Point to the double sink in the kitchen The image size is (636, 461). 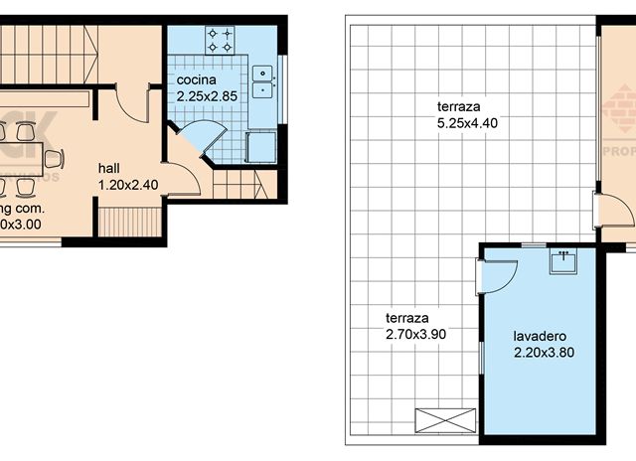tap(263, 80)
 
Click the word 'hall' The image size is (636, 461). tap(110, 168)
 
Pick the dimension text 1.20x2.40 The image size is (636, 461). tap(127, 185)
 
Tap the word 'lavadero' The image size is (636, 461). tap(538, 335)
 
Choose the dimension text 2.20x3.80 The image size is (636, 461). tap(544, 352)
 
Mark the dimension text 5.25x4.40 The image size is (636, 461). tap(466, 123)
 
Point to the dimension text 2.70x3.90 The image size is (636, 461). tap(415, 335)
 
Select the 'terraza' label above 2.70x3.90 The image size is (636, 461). tap(406, 318)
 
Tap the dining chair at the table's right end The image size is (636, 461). tap(55, 158)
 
